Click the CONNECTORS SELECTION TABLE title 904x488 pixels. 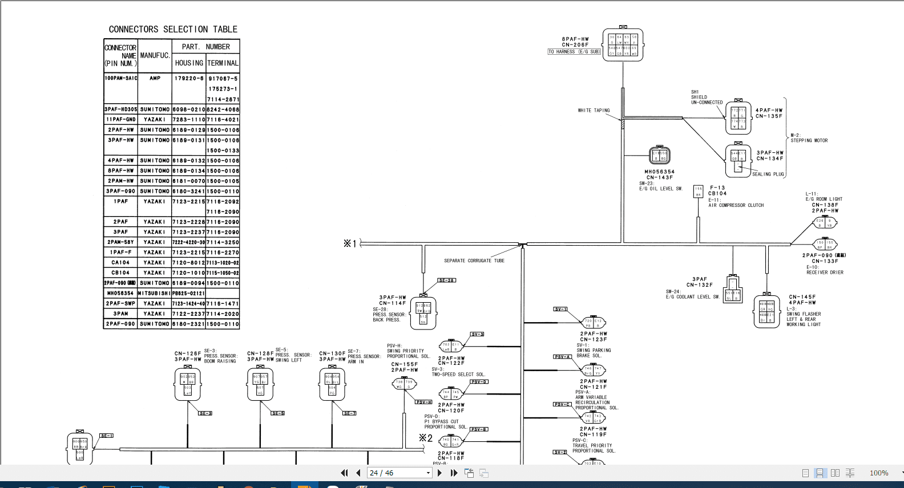click(173, 29)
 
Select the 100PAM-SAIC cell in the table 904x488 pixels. click(121, 78)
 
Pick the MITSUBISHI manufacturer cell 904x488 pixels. click(154, 293)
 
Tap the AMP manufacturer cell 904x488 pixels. click(155, 78)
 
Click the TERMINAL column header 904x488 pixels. click(223, 63)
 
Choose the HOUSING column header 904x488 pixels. click(189, 63)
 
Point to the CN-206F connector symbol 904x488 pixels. click(623, 44)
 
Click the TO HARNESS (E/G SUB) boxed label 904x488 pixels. click(574, 52)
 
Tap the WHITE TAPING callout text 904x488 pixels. click(594, 111)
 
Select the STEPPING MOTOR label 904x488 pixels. click(809, 140)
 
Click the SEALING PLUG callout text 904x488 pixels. click(768, 174)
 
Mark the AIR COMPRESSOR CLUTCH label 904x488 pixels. click(736, 205)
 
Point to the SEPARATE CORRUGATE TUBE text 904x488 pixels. click(474, 261)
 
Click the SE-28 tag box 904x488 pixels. click(447, 280)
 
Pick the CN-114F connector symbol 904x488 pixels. click(423, 312)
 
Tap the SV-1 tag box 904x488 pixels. click(560, 309)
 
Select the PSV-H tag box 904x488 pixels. click(423, 402)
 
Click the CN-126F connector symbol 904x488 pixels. click(188, 384)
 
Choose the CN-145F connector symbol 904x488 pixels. click(766, 311)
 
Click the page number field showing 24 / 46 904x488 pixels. click(399, 473)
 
